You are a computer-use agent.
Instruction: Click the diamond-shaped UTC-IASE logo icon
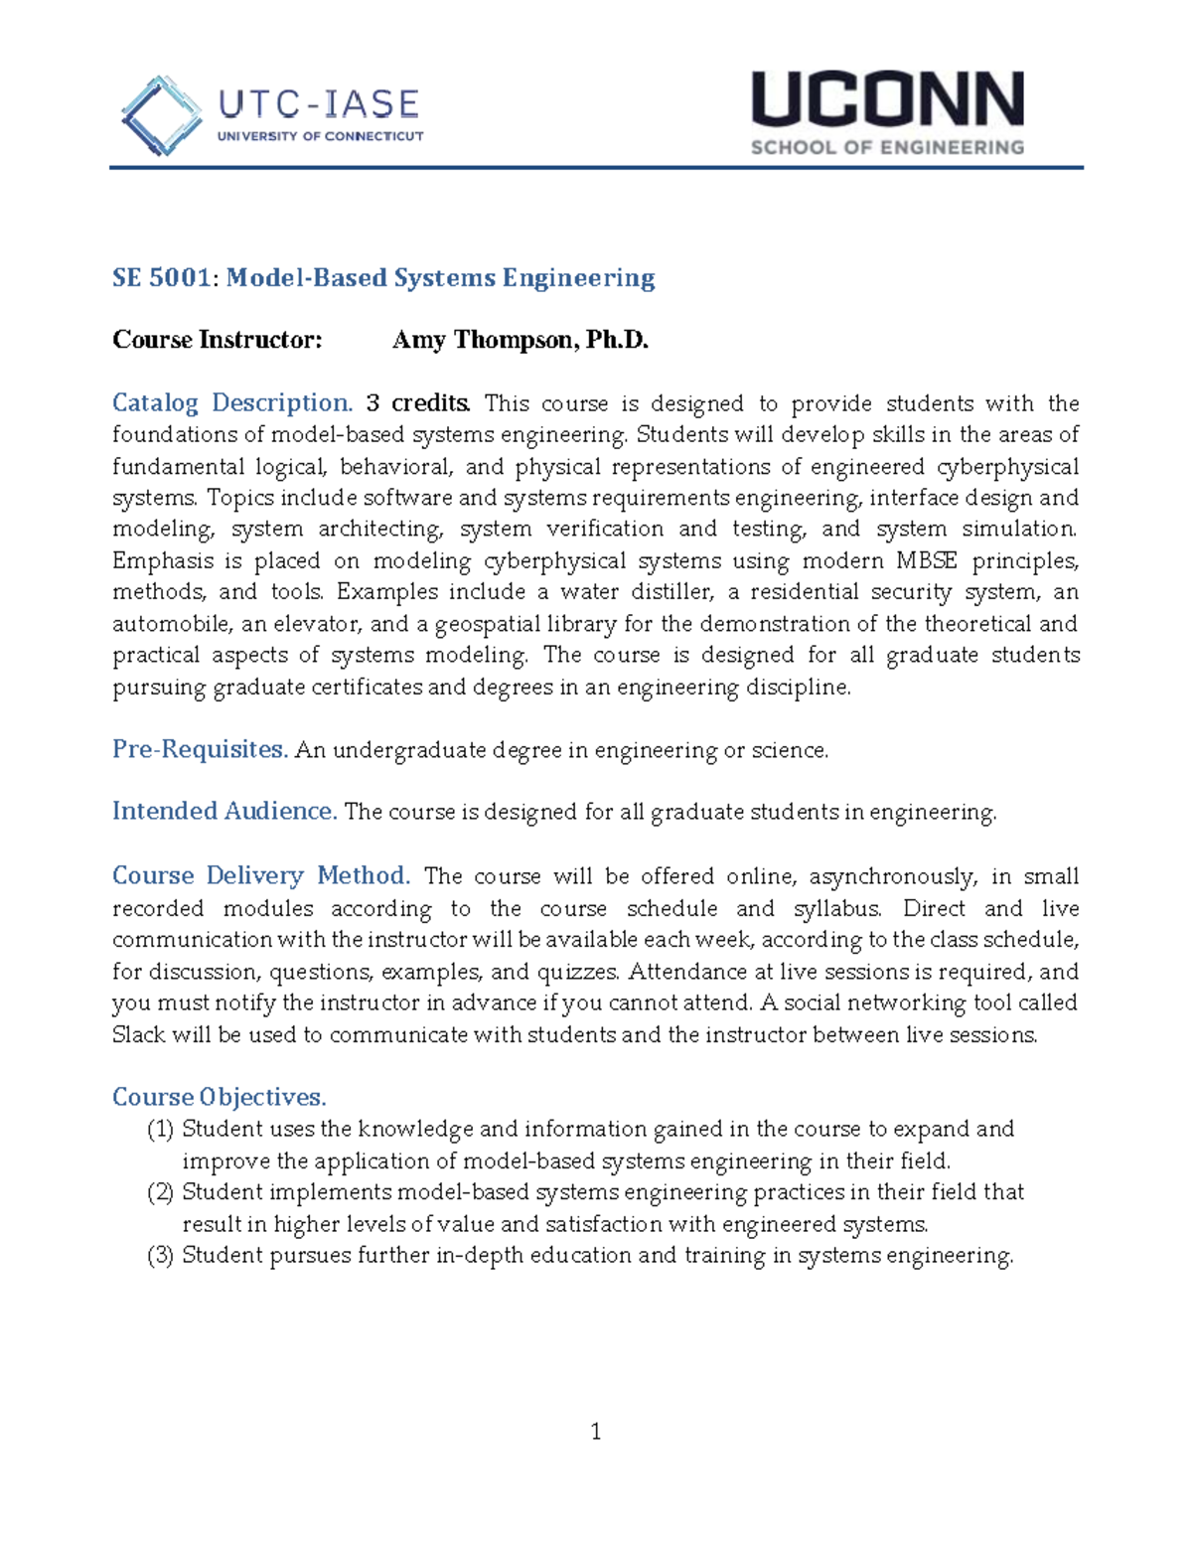click(161, 116)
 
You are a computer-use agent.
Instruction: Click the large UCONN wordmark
click(887, 100)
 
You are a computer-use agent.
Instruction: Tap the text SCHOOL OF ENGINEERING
click(887, 148)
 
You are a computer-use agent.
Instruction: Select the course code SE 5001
click(162, 278)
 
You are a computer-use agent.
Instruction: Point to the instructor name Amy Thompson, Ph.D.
click(520, 341)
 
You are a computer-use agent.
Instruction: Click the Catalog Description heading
click(232, 403)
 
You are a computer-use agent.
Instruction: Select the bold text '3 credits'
click(417, 403)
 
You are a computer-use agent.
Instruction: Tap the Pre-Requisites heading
click(200, 749)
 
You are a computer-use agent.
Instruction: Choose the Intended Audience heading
click(224, 812)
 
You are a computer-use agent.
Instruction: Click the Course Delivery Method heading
click(261, 876)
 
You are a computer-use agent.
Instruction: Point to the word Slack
click(139, 1035)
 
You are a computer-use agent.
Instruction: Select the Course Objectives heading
click(219, 1097)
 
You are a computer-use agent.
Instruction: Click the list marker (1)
click(160, 1130)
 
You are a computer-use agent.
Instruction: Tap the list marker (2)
click(160, 1192)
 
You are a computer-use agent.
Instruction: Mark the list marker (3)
click(160, 1256)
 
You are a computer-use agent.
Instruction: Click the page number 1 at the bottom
click(596, 1432)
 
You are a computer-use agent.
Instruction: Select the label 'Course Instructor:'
click(218, 341)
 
